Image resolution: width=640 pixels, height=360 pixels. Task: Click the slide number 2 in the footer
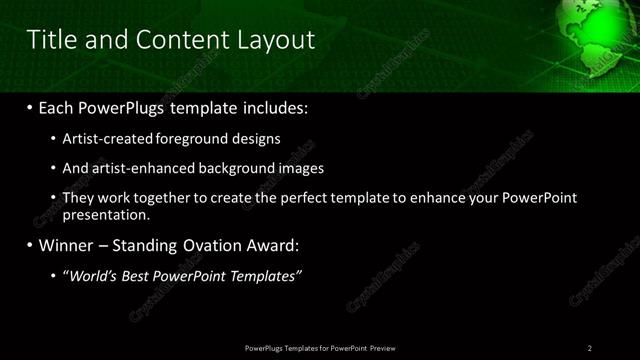point(590,348)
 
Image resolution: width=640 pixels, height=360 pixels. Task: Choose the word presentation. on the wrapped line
point(106,214)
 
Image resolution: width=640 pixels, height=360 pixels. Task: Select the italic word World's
point(95,275)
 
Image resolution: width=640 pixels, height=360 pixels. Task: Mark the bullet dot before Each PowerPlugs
point(30,106)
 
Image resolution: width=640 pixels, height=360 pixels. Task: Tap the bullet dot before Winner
point(30,245)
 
